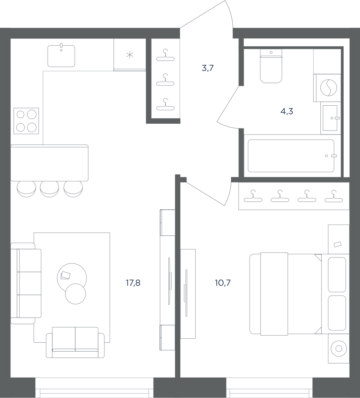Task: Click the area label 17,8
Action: [x=133, y=283]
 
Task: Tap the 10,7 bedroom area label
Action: [x=222, y=283]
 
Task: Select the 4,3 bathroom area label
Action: [x=287, y=111]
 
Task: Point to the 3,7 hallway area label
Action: [x=208, y=68]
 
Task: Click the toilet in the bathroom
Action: [x=271, y=66]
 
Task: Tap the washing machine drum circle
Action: [x=328, y=88]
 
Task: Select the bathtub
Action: [x=291, y=156]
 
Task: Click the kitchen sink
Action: [x=61, y=56]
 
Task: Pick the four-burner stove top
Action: [x=26, y=121]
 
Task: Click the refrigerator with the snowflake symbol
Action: [x=130, y=54]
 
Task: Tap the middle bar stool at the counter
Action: [x=50, y=189]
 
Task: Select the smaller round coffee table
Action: [x=76, y=293]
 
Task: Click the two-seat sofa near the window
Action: [x=75, y=342]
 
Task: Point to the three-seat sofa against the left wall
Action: [x=26, y=283]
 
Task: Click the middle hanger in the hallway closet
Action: [x=165, y=80]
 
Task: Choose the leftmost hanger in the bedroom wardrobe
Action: [x=253, y=196]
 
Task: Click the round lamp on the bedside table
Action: [x=339, y=348]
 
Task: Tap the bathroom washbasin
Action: [x=330, y=118]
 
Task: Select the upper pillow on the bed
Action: [x=337, y=275]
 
